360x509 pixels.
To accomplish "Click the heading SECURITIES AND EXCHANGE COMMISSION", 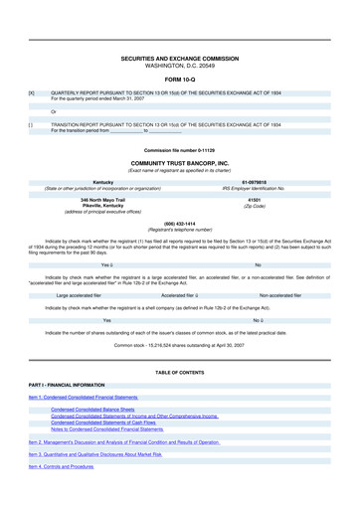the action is tap(180, 60).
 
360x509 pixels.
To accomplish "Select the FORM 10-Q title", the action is tap(180, 81).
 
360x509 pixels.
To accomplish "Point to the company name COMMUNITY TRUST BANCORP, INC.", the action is tap(180, 162).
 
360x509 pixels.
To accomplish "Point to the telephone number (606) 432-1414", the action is tap(180, 224).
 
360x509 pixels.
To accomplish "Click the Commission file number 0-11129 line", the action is tap(180, 149).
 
